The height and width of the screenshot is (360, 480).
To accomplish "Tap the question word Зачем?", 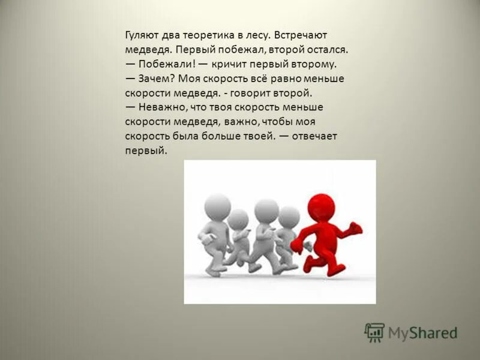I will pos(157,79).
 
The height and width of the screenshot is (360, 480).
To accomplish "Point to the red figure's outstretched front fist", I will pos(355,229).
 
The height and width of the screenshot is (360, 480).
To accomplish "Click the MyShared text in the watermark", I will pos(422,332).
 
